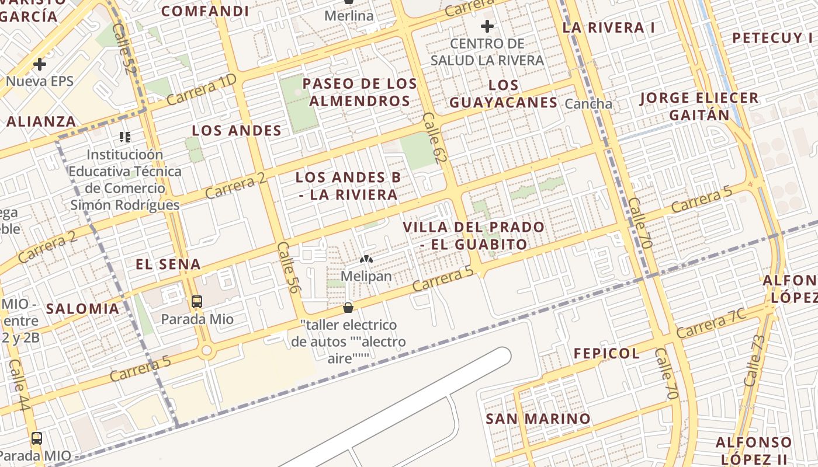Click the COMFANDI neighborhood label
click(x=205, y=11)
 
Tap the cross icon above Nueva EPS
click(x=40, y=64)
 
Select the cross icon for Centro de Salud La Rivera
click(x=487, y=26)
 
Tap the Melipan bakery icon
click(x=366, y=259)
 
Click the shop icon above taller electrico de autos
click(x=348, y=308)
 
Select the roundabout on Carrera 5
click(x=206, y=351)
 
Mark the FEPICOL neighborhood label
click(x=606, y=353)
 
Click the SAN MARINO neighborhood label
click(x=538, y=419)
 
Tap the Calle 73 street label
click(x=754, y=360)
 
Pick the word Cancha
click(x=589, y=104)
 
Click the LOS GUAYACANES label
click(x=503, y=94)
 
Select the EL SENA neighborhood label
click(x=168, y=264)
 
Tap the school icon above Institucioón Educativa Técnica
click(x=124, y=137)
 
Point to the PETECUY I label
click(x=772, y=38)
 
